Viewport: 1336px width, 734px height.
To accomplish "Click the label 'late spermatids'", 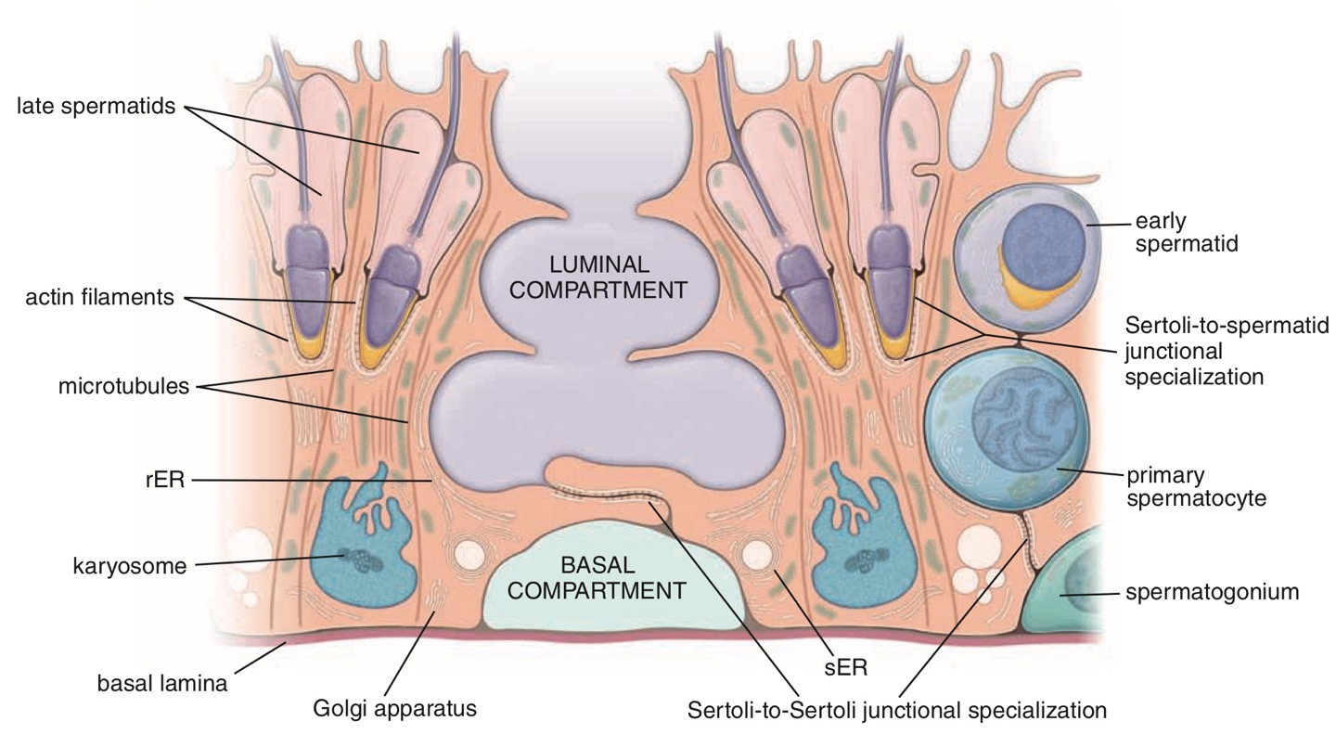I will coord(96,107).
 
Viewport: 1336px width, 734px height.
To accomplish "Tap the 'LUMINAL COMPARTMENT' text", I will coord(600,276).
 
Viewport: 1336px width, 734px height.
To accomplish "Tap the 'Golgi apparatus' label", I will coord(394,709).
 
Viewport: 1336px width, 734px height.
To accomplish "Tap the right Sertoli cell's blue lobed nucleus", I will coord(858,546).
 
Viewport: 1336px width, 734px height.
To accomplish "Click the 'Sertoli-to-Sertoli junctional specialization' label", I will coord(897,711).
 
